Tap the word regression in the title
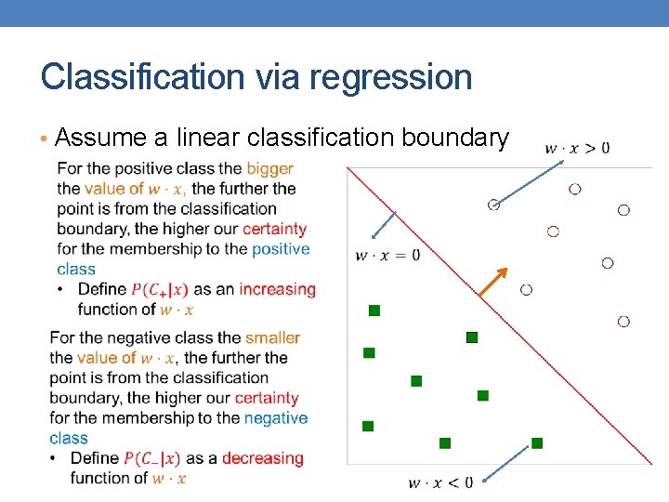(x=391, y=77)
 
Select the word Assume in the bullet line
(x=101, y=139)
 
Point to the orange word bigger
(x=269, y=168)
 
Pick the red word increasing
(x=277, y=289)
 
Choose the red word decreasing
(x=263, y=458)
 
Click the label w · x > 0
(x=577, y=147)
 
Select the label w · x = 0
(x=387, y=255)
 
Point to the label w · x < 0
(x=439, y=482)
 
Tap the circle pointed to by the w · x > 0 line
(x=494, y=205)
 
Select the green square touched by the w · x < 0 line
(x=537, y=443)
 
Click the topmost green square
(x=374, y=310)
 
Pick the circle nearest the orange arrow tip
(x=526, y=290)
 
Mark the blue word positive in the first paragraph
(x=281, y=249)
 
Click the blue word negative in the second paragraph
(x=275, y=418)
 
